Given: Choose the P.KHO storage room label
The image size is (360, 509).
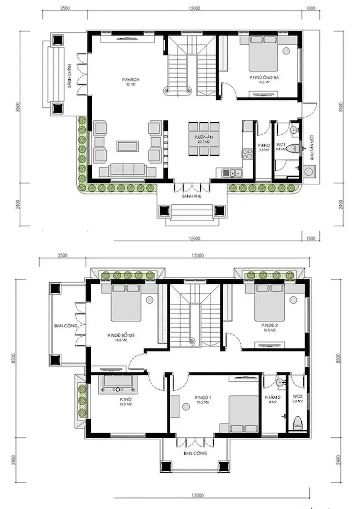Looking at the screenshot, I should [x=264, y=146].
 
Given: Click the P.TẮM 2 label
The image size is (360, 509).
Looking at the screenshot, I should [x=273, y=398].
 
